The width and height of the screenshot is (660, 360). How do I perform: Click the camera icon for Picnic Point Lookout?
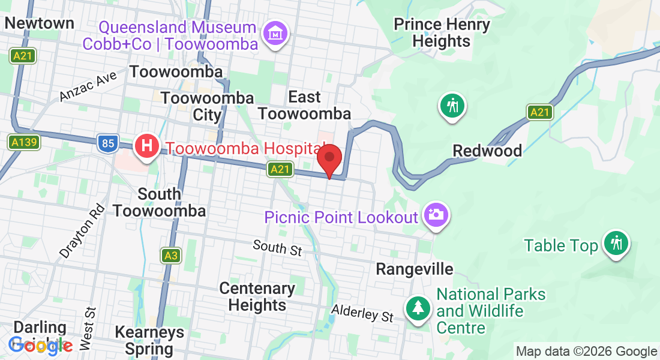click(x=436, y=214)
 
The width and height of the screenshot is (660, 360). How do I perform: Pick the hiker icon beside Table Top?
click(x=616, y=243)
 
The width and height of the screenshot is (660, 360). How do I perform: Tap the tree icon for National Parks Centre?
click(x=418, y=308)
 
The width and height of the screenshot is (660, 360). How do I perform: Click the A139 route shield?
click(x=24, y=142)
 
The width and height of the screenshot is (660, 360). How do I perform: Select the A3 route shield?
click(x=171, y=256)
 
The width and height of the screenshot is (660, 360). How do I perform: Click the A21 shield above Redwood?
click(x=540, y=112)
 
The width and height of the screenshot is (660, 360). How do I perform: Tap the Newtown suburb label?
click(x=39, y=23)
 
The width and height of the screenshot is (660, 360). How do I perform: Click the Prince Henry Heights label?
click(x=442, y=33)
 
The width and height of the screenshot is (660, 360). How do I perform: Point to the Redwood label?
click(x=487, y=151)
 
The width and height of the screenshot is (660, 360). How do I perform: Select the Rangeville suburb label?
click(x=414, y=269)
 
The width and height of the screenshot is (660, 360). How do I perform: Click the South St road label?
click(x=277, y=247)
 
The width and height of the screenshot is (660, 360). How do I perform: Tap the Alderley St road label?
click(x=362, y=313)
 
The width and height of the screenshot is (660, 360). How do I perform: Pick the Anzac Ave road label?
click(x=88, y=88)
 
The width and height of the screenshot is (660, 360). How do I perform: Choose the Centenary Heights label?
click(x=257, y=296)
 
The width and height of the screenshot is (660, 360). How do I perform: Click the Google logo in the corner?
click(x=40, y=345)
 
